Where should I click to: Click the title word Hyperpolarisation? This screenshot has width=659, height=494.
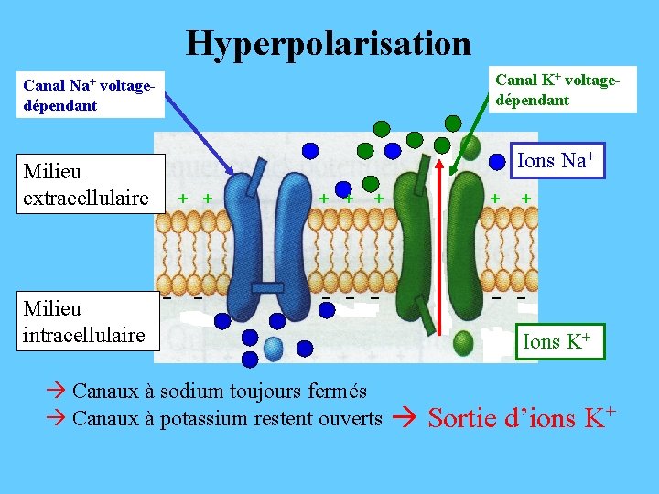pyautogui.click(x=329, y=42)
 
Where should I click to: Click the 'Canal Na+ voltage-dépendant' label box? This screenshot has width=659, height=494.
pyautogui.click(x=88, y=95)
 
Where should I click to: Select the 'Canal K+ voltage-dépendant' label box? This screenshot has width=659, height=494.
pyautogui.click(x=557, y=90)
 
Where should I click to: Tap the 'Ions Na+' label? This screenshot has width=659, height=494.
pyautogui.click(x=556, y=162)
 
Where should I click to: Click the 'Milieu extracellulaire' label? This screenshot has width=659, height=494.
pyautogui.click(x=86, y=184)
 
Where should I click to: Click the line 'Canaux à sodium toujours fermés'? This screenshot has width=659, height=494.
pyautogui.click(x=219, y=392)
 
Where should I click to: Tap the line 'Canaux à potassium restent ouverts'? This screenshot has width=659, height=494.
pyautogui.click(x=226, y=419)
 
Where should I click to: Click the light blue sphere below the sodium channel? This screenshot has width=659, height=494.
pyautogui.click(x=274, y=346)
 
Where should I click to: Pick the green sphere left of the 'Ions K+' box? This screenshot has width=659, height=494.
pyautogui.click(x=464, y=342)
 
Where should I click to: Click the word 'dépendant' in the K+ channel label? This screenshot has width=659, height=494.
pyautogui.click(x=534, y=100)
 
